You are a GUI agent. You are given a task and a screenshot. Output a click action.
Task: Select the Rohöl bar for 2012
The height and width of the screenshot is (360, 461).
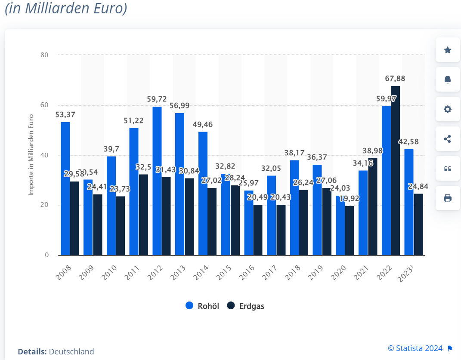click(157, 181)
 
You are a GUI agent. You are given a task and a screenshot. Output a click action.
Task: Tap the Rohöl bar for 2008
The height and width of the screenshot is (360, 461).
click(65, 188)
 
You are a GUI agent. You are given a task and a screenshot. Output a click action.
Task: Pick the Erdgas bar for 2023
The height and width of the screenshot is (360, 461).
click(418, 225)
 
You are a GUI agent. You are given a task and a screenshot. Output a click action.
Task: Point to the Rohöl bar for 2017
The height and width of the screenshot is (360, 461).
click(272, 215)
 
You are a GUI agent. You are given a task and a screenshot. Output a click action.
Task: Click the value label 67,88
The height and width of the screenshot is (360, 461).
click(395, 79)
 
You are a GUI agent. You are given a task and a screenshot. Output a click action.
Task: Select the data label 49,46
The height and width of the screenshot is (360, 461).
click(203, 125)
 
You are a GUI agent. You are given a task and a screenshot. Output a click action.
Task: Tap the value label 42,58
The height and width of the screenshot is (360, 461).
click(408, 142)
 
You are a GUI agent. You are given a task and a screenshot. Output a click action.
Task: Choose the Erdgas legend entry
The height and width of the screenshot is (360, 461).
click(246, 306)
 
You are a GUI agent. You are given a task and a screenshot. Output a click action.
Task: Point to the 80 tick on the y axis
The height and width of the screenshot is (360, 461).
click(44, 55)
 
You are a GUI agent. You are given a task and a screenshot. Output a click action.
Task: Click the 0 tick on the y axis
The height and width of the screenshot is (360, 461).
click(46, 255)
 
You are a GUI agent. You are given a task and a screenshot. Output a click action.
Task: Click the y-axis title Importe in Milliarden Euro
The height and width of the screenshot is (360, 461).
click(31, 155)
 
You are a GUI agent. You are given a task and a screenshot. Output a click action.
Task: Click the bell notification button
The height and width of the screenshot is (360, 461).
click(448, 80)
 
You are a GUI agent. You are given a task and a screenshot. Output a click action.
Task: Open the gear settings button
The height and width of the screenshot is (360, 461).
click(448, 109)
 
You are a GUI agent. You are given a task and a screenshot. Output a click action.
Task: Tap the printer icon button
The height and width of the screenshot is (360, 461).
click(448, 198)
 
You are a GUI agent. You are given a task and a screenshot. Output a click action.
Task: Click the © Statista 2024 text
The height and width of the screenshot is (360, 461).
click(415, 348)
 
